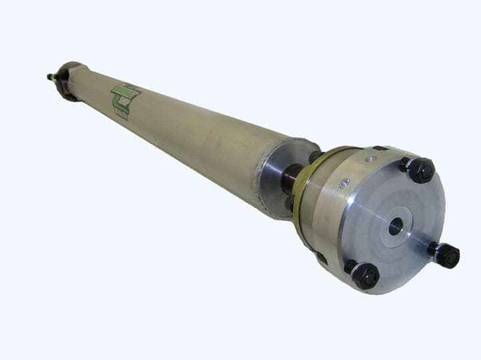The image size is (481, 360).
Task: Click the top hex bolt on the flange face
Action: point(422,171)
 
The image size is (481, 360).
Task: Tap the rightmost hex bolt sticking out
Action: point(447,255)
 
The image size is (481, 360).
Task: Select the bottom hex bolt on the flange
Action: point(365,276)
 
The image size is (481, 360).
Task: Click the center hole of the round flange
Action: point(395,226)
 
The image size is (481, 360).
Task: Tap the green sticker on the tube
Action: point(126,99)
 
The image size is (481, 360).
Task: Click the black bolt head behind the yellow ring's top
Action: point(315,157)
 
